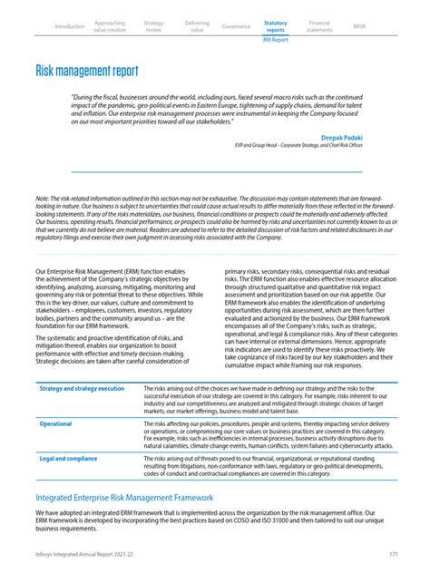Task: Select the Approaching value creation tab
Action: [110, 27]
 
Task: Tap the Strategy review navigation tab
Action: [153, 27]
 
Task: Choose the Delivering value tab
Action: [196, 27]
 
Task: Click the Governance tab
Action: [236, 27]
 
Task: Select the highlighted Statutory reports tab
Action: [275, 27]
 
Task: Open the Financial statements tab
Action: [319, 27]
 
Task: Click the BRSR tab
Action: [360, 27]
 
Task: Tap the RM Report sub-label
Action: [275, 41]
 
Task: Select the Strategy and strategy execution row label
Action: [82, 388]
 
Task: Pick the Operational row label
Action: [55, 423]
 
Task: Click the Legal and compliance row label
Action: [68, 459]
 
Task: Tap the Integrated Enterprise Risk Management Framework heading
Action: [123, 498]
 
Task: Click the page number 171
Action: [393, 553]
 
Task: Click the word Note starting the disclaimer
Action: [43, 199]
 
